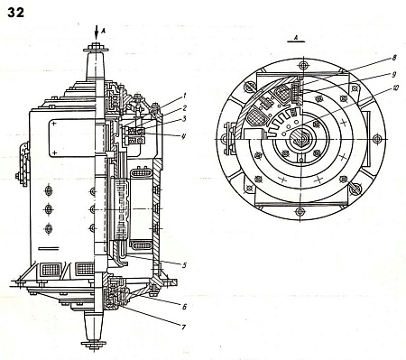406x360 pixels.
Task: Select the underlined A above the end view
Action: [x=297, y=38]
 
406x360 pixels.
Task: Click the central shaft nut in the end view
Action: [x=300, y=141]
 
